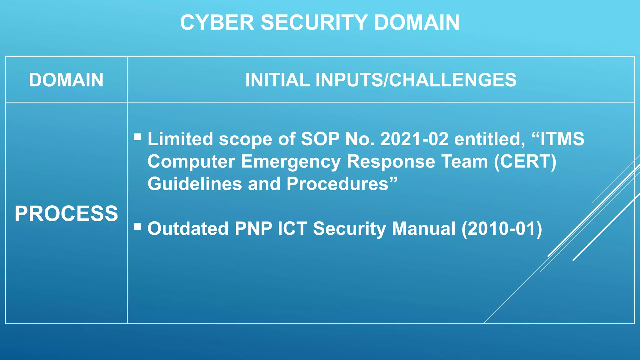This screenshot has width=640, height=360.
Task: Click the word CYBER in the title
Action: [x=217, y=22]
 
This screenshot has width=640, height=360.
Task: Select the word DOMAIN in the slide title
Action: [x=417, y=22]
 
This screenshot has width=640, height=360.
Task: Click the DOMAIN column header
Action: [x=66, y=80]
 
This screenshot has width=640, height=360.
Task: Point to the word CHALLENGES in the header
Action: [x=452, y=80]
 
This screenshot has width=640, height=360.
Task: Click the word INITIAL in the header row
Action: [x=277, y=80]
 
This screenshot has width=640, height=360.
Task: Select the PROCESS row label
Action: [x=66, y=214]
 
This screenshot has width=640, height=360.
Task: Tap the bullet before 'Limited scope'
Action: [x=137, y=137]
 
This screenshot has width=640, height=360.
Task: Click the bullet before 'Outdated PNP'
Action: [x=137, y=226]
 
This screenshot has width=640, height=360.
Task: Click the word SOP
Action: [x=320, y=139]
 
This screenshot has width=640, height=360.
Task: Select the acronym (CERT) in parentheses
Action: [x=525, y=162]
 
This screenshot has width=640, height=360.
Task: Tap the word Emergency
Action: [x=291, y=162]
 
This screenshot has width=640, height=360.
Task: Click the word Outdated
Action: [x=188, y=228]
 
